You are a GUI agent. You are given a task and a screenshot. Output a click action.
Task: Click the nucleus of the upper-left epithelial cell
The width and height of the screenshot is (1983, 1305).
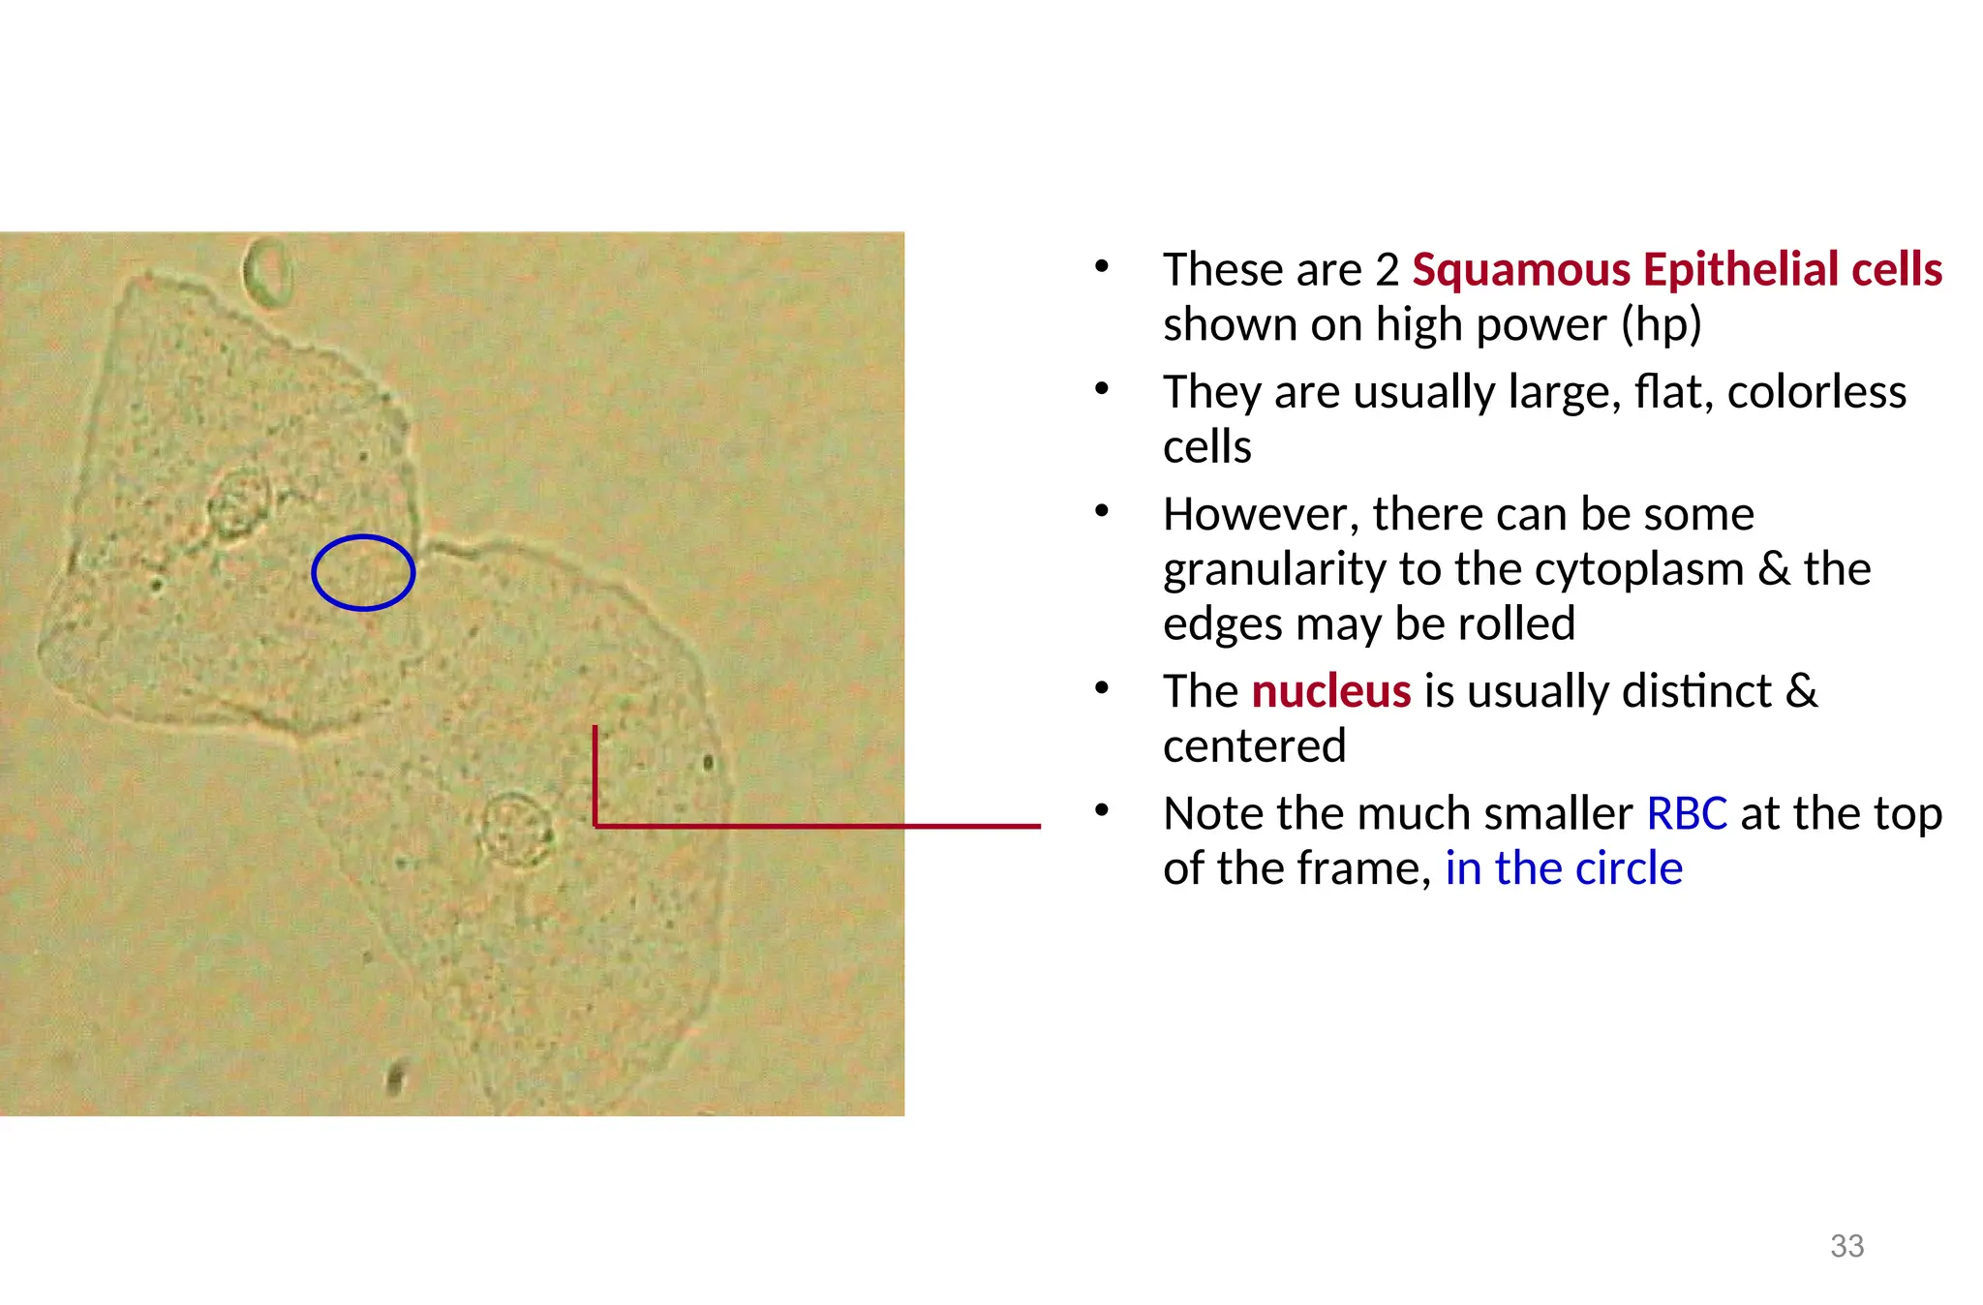point(237,502)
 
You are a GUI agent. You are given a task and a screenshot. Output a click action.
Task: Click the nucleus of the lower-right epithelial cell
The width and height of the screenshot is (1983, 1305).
point(516,829)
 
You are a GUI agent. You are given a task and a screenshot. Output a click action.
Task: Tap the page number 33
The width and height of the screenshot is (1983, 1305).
point(1846,1246)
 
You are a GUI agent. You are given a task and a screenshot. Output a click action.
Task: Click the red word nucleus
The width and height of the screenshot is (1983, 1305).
point(1330,691)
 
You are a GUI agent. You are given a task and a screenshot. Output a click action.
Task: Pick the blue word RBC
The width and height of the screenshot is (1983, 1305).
point(1686,813)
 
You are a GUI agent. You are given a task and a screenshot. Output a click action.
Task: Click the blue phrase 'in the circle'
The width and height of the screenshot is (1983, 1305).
point(1563,868)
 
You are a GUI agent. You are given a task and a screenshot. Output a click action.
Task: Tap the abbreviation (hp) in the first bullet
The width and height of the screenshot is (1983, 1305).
point(1661,324)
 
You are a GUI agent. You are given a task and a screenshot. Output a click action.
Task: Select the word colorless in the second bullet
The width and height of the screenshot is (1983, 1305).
point(1815,392)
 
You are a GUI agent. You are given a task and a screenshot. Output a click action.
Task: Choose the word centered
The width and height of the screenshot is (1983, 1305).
point(1254,746)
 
